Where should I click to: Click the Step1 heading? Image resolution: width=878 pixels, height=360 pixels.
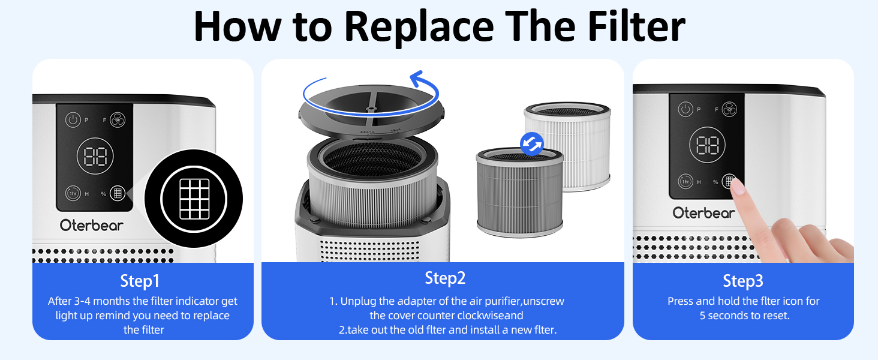[140, 281]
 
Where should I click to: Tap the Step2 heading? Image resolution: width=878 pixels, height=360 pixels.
[445, 278]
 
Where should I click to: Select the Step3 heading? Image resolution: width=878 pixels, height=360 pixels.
[742, 281]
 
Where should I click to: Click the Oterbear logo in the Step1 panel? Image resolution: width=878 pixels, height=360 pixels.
[92, 226]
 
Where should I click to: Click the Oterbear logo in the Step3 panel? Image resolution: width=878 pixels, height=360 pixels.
[703, 213]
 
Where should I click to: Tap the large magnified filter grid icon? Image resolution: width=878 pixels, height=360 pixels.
[194, 199]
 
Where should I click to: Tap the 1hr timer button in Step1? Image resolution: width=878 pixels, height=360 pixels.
[73, 193]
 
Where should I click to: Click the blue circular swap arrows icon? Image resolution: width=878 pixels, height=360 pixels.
[531, 143]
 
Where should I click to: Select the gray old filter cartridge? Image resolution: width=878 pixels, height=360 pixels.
[519, 193]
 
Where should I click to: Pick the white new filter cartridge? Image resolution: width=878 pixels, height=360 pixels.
[568, 147]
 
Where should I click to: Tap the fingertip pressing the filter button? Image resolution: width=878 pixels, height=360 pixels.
[738, 188]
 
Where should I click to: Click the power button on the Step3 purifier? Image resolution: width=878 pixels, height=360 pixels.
[685, 109]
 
